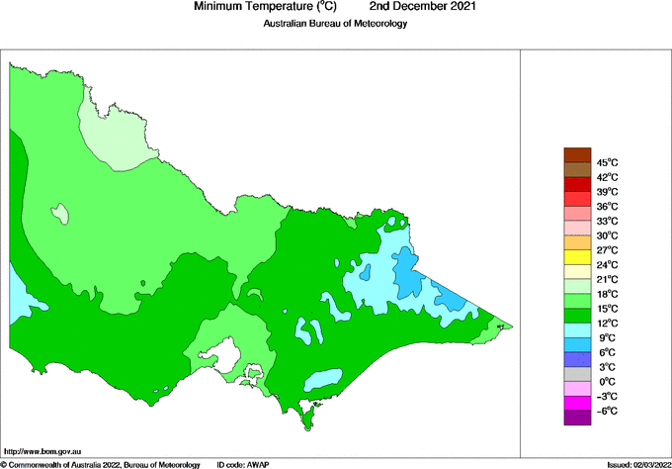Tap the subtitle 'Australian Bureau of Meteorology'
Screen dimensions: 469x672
[335, 23]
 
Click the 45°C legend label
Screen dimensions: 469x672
[607, 162]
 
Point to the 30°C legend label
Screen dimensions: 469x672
[607, 235]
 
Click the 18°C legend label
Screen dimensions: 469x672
[607, 294]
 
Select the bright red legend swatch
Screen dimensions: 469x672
[577, 184]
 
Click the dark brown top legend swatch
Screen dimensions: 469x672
[577, 155]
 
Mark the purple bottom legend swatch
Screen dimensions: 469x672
[577, 418]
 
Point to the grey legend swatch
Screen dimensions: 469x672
[577, 374]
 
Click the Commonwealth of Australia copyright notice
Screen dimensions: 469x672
[101, 464]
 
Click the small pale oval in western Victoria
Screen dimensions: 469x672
[62, 213]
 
